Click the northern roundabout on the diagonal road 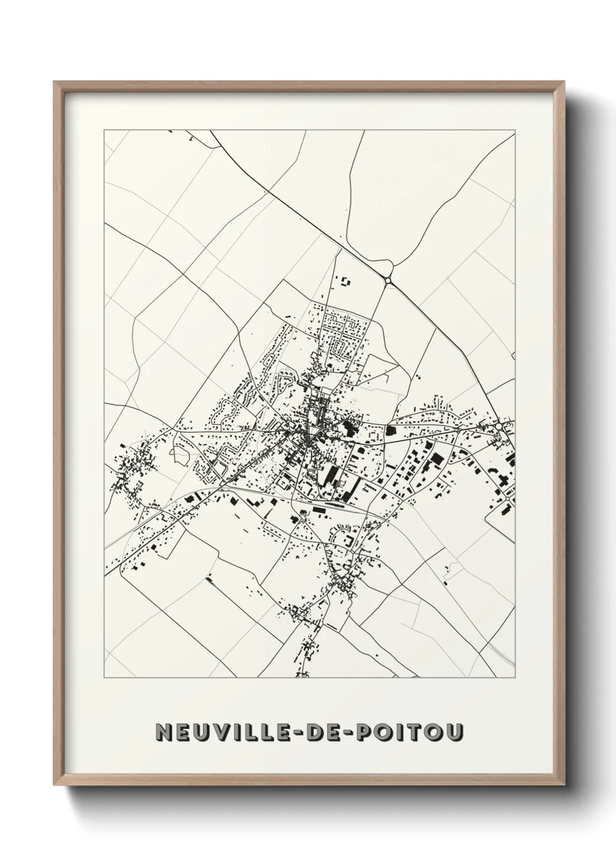click(388, 280)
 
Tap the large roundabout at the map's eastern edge click(498, 427)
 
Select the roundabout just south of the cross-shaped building click(508, 499)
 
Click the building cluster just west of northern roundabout click(346, 282)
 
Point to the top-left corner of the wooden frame click(55, 82)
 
